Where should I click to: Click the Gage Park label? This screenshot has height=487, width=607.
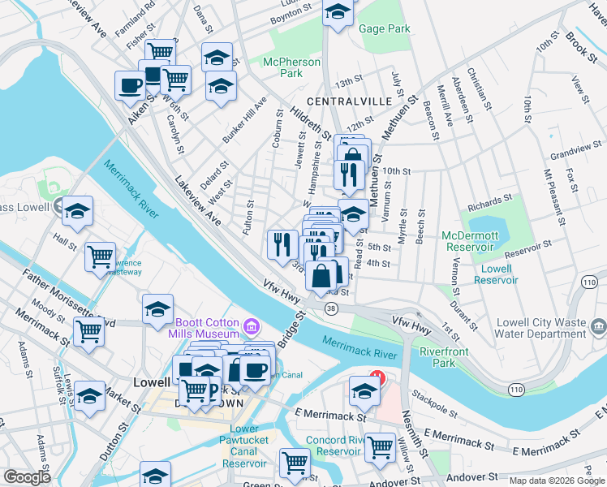click(385, 29)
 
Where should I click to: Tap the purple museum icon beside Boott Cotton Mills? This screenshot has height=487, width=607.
click(252, 327)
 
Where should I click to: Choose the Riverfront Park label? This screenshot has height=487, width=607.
click(437, 358)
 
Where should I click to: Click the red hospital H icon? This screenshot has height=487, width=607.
click(377, 377)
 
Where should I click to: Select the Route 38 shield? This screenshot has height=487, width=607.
click(330, 308)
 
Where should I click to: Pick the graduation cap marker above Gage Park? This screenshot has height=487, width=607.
click(338, 11)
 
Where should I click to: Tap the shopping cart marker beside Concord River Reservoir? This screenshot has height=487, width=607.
click(380, 446)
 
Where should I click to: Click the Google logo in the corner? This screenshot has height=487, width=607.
click(27, 478)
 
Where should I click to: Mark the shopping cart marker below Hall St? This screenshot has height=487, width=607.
click(101, 257)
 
